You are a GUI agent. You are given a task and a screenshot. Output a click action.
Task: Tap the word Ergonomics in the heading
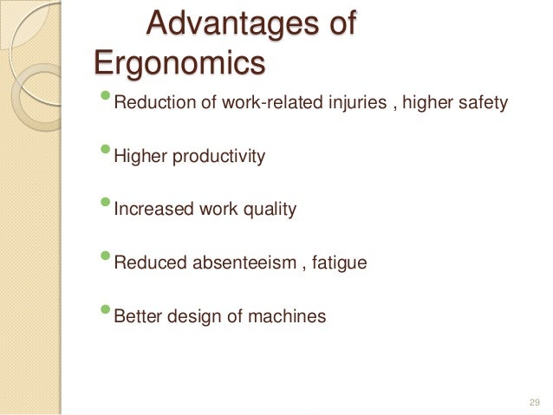coord(179,63)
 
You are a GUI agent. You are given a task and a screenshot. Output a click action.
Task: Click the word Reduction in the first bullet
coord(149,106)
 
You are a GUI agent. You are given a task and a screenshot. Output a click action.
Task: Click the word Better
coord(136,316)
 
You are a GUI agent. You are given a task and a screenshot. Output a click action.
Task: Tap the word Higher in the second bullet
coord(139,159)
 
